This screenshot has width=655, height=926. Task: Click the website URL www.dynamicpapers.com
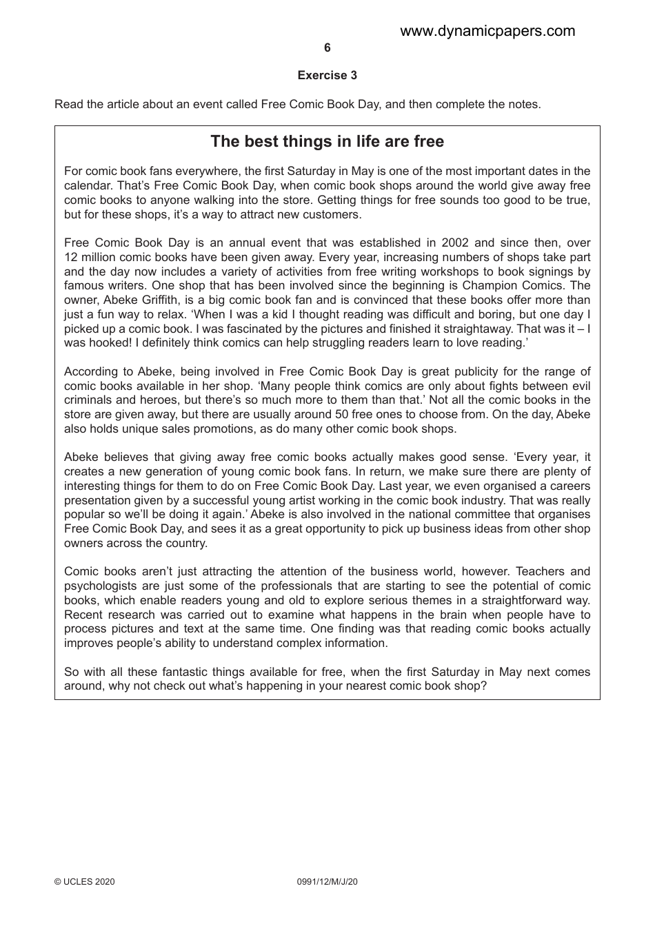click(487, 31)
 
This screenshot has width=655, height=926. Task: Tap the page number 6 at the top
click(327, 48)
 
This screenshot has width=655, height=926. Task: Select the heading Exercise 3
click(327, 75)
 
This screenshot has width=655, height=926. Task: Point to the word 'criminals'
click(89, 400)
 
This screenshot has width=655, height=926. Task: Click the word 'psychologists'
click(99, 586)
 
